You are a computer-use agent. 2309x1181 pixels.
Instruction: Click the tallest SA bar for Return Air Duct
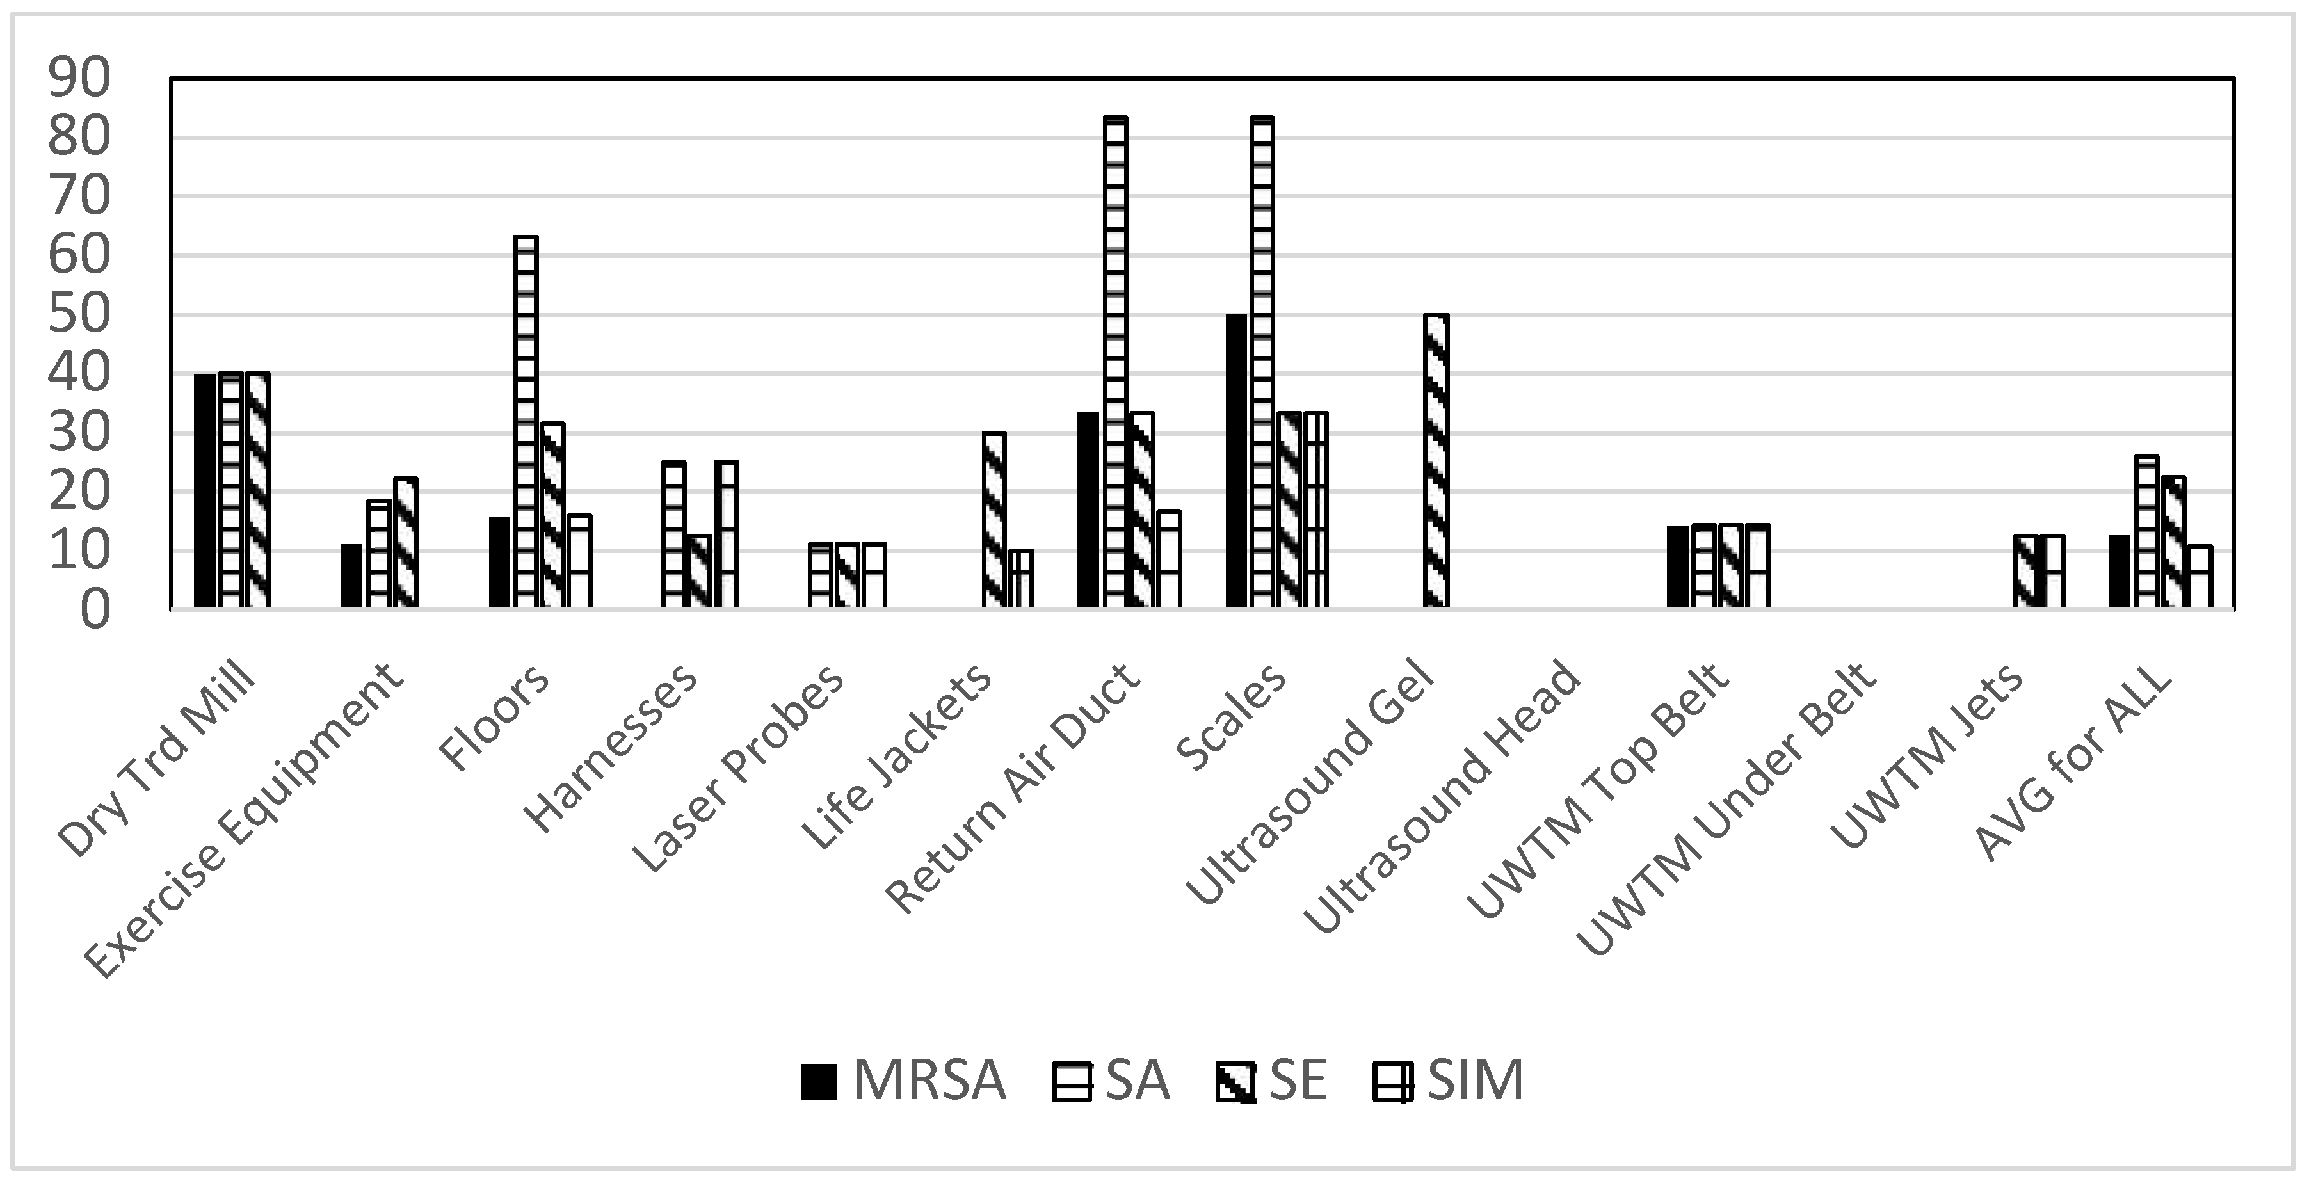coord(1115,363)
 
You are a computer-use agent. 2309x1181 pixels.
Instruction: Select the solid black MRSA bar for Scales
coord(1236,462)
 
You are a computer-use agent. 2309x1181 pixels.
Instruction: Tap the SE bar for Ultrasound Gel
coord(1436,462)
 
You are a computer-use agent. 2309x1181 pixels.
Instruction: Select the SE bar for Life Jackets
coord(994,520)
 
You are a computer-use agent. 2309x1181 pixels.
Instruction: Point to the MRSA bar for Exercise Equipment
coord(351,576)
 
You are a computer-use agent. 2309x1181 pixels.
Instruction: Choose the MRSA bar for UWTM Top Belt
coord(1678,567)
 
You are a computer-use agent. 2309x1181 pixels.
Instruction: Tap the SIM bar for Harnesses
coord(726,535)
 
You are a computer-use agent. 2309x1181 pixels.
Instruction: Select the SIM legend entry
coord(1447,1081)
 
